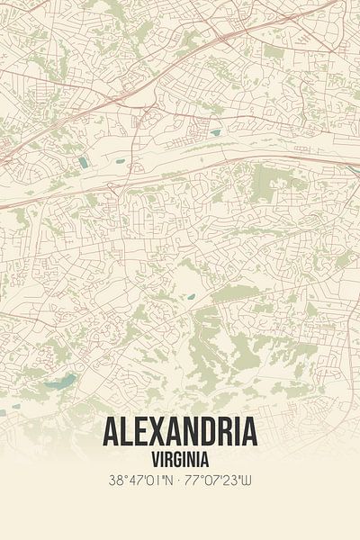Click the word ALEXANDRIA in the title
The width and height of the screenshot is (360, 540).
[x=180, y=433]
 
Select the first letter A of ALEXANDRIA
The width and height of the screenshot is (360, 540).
[x=109, y=433]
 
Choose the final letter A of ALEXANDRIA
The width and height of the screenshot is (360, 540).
[x=250, y=433]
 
